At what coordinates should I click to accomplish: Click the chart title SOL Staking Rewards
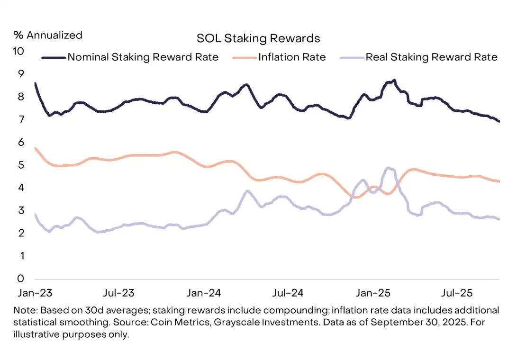258,38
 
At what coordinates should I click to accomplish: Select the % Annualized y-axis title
48,35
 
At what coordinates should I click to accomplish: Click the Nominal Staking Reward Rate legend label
143,57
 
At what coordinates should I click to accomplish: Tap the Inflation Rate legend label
292,57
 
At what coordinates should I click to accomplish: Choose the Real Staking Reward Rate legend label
431,57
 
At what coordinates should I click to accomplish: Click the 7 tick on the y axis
21,119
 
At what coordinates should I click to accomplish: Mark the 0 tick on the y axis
20,279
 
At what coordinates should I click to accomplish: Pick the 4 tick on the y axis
21,188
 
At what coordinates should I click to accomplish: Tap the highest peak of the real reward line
389,168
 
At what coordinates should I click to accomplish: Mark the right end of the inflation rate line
499,181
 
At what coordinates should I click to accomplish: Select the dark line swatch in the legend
54,57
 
